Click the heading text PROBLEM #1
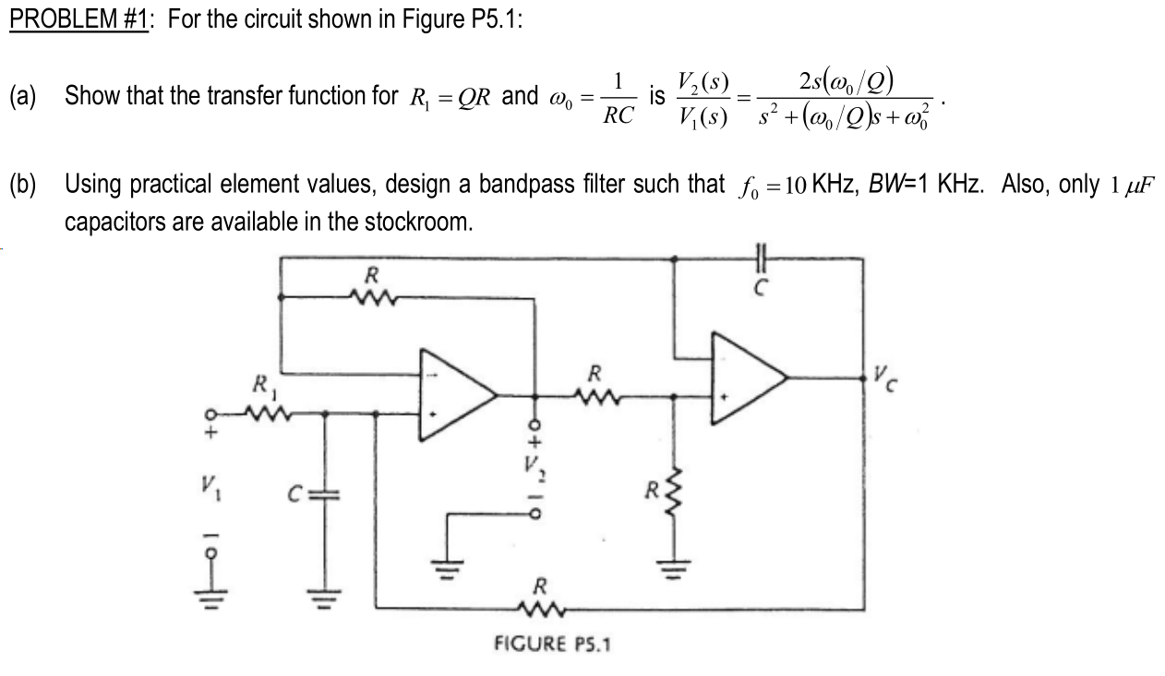tap(79, 20)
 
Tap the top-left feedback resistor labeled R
tap(370, 296)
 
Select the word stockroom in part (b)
tap(417, 223)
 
